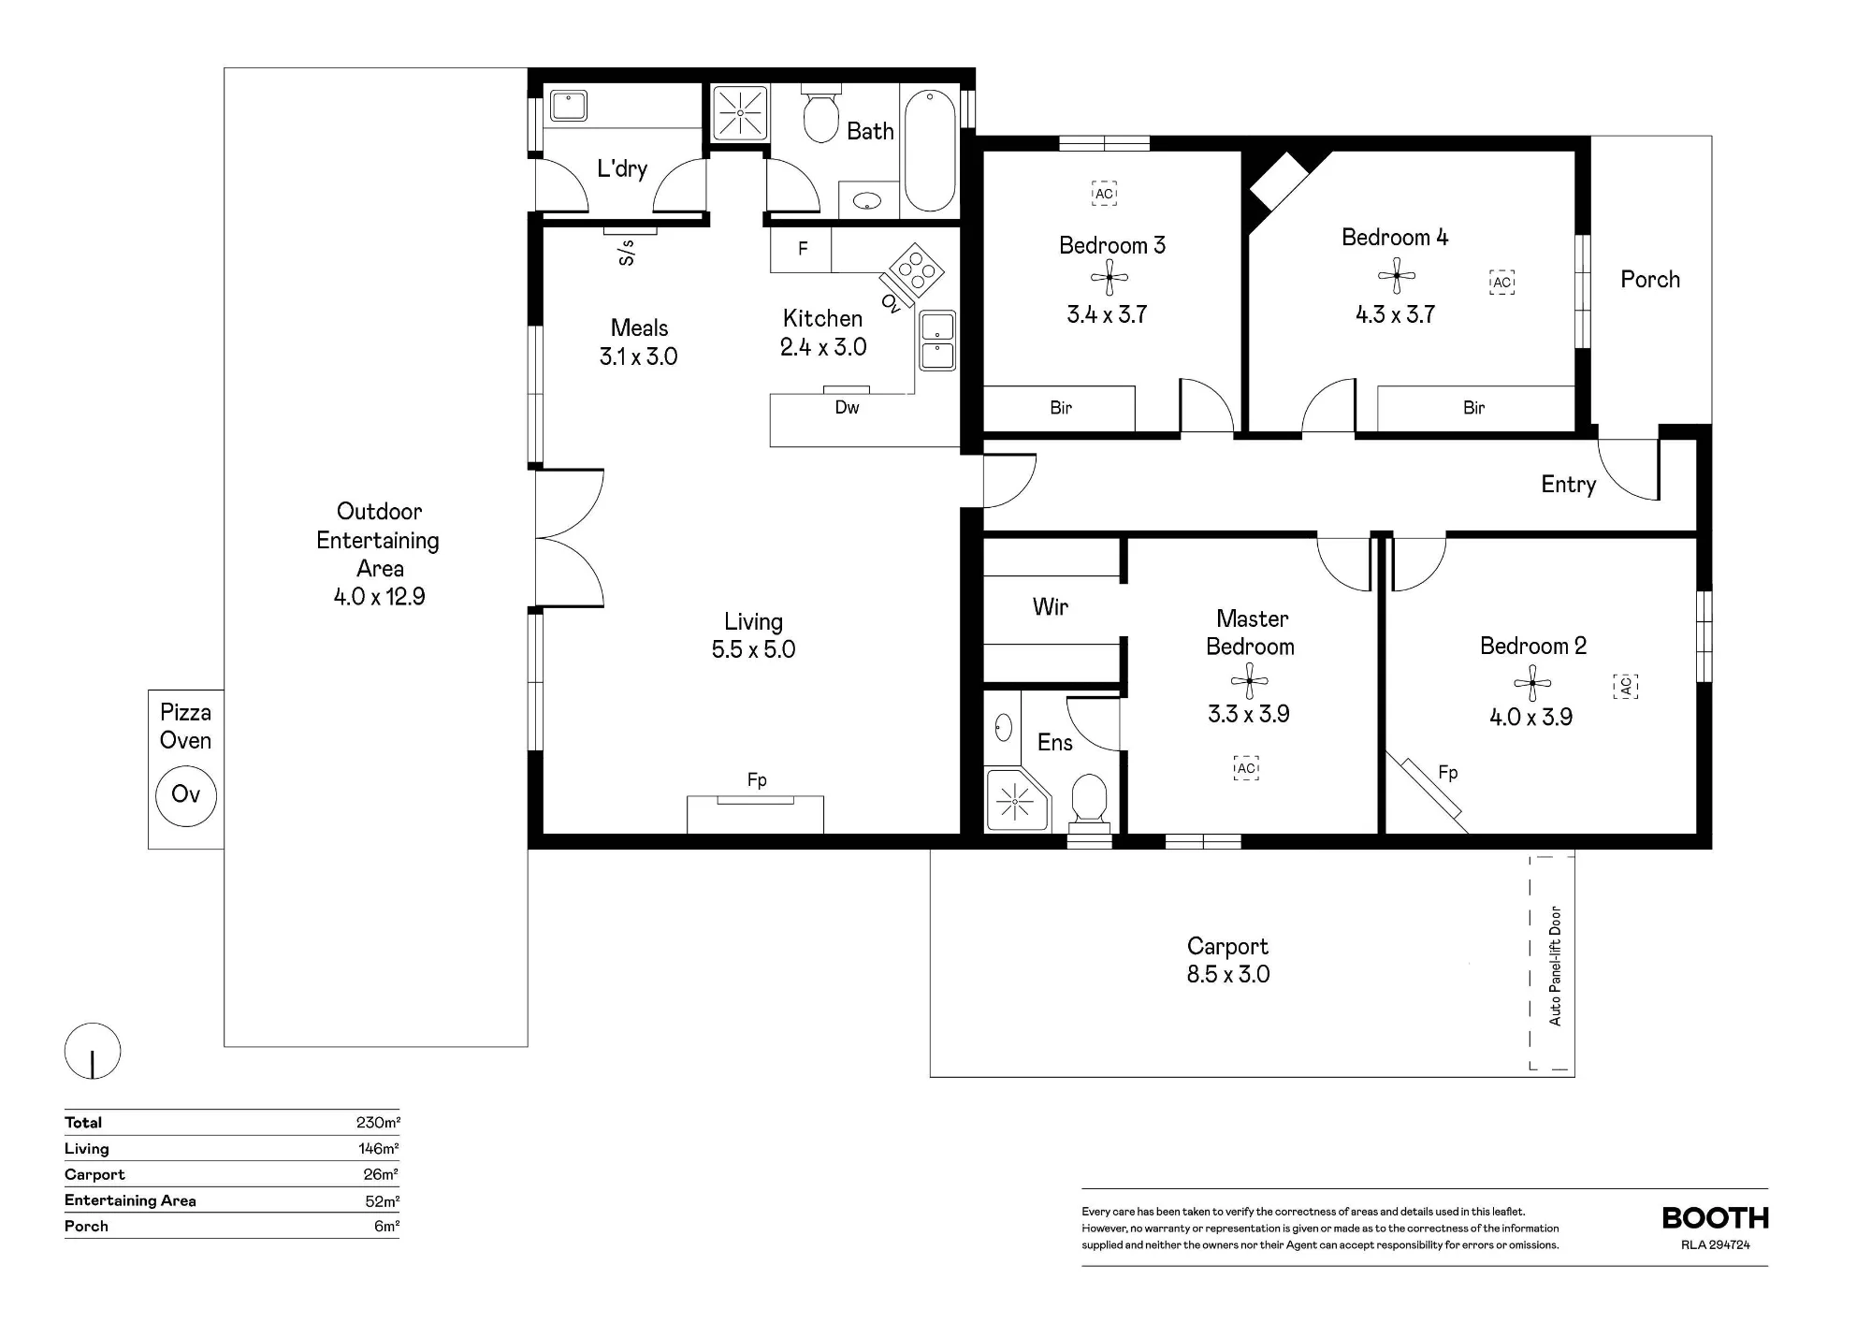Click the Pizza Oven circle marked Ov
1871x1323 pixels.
[x=185, y=795]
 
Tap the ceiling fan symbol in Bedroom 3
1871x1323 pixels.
[x=1110, y=278]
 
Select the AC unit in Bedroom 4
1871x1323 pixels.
[x=1501, y=283]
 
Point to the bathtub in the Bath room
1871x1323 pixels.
[x=930, y=150]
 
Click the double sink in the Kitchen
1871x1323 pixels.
[x=937, y=341]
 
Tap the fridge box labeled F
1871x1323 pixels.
[x=802, y=249]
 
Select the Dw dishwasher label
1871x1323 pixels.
[x=847, y=407]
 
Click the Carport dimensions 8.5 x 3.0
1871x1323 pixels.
[x=1228, y=974]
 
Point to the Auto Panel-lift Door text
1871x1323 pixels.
[x=1555, y=966]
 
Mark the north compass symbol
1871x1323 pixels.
[x=93, y=1051]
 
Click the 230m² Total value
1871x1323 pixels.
[x=378, y=1123]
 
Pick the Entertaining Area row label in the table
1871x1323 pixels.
[x=130, y=1200]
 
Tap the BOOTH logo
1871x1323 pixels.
[x=1716, y=1218]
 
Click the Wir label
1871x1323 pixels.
[x=1051, y=607]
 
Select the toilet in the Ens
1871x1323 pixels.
[x=1089, y=802]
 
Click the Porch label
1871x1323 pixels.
[x=1650, y=280]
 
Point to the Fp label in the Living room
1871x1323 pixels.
[x=757, y=779]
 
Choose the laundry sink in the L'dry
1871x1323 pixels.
[x=568, y=105]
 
